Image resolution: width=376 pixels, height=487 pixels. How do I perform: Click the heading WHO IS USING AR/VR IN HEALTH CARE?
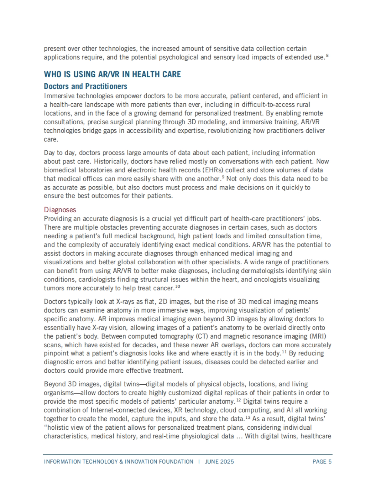coord(112,75)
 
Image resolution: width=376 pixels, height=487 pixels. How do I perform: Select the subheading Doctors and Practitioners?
coord(86,86)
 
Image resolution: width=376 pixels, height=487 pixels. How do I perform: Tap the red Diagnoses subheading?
coord(60,210)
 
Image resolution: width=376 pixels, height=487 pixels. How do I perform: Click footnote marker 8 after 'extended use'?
coord(327,56)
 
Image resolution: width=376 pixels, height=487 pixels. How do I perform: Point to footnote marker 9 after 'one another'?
coord(223,177)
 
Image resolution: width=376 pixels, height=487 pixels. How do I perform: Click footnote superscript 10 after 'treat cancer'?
coord(178,287)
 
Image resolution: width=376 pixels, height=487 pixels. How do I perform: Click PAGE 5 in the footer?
coord(322,462)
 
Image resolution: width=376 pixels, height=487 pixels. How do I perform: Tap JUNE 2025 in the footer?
coord(219,462)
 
